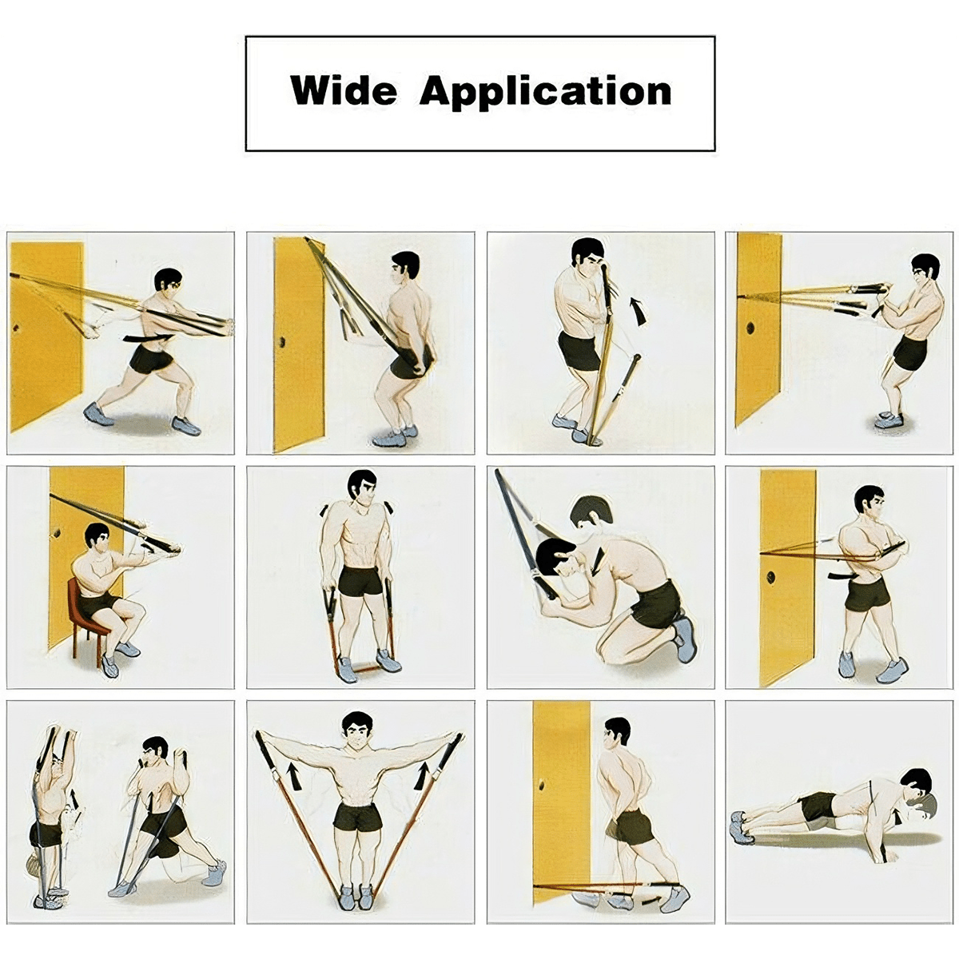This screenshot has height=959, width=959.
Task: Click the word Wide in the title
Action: point(343,90)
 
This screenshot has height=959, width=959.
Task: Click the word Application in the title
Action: point(545,93)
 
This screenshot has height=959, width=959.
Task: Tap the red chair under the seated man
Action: point(86,619)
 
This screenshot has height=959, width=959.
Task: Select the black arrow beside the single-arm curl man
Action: point(639,312)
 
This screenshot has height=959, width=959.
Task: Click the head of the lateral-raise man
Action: point(356,730)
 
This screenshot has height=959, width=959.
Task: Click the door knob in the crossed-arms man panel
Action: point(771,578)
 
